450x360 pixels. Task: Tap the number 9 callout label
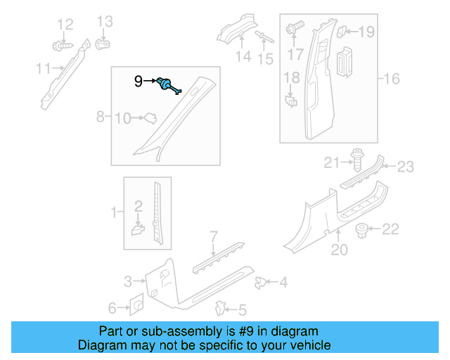click(x=139, y=82)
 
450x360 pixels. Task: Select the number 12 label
click(x=65, y=25)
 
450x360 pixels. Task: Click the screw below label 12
click(x=60, y=46)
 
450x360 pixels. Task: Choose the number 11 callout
click(x=44, y=68)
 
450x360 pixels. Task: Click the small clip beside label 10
click(x=148, y=119)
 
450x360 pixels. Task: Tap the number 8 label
click(x=100, y=115)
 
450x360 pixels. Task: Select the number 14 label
click(x=243, y=58)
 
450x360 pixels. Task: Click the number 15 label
click(x=265, y=59)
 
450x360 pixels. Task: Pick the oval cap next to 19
click(x=342, y=30)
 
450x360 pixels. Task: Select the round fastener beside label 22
click(x=362, y=229)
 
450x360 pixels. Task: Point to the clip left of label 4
click(x=262, y=283)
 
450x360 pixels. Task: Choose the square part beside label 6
click(x=136, y=306)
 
